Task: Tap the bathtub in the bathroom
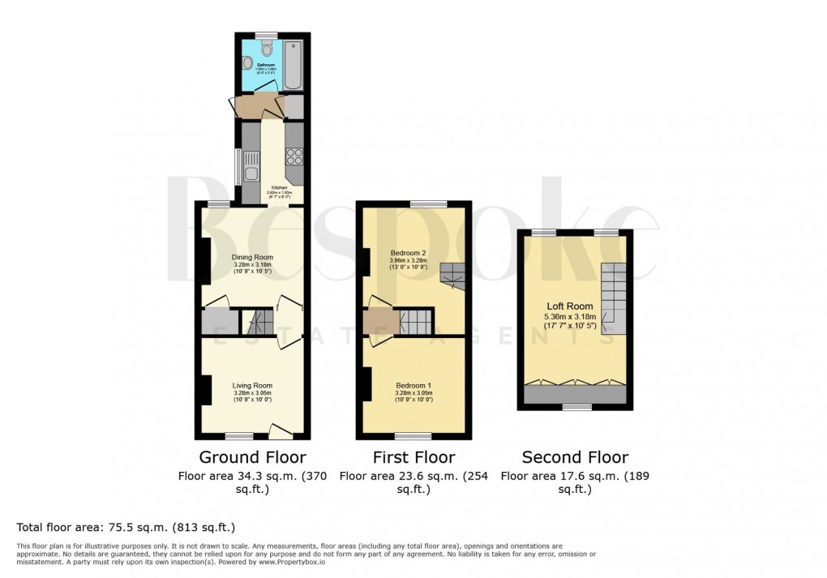tap(293, 63)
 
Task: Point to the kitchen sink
tap(251, 173)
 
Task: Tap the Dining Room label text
tap(252, 258)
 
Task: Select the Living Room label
tap(252, 385)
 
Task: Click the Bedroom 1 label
tap(413, 385)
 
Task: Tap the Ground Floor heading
tap(252, 457)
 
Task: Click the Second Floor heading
tap(575, 457)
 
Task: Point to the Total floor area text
tap(126, 527)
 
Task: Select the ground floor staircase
tap(259, 323)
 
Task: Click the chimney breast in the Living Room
tap(206, 389)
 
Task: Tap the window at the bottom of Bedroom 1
tap(413, 436)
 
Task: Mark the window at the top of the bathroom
tap(266, 35)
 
